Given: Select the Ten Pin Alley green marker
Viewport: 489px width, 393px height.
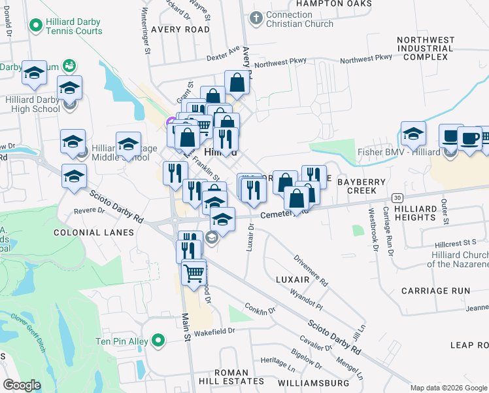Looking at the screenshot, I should coord(158,340).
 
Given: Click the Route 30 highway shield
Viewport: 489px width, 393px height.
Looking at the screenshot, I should coord(396,197).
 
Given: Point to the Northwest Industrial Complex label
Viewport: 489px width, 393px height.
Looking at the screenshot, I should coord(425,48).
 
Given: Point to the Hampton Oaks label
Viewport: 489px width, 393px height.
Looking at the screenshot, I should coord(333,3).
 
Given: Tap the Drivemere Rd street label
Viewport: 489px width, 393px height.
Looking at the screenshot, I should coord(311,270).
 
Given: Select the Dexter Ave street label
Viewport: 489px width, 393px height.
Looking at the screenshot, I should coord(224,53).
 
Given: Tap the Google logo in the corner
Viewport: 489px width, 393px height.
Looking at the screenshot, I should coord(22,384).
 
